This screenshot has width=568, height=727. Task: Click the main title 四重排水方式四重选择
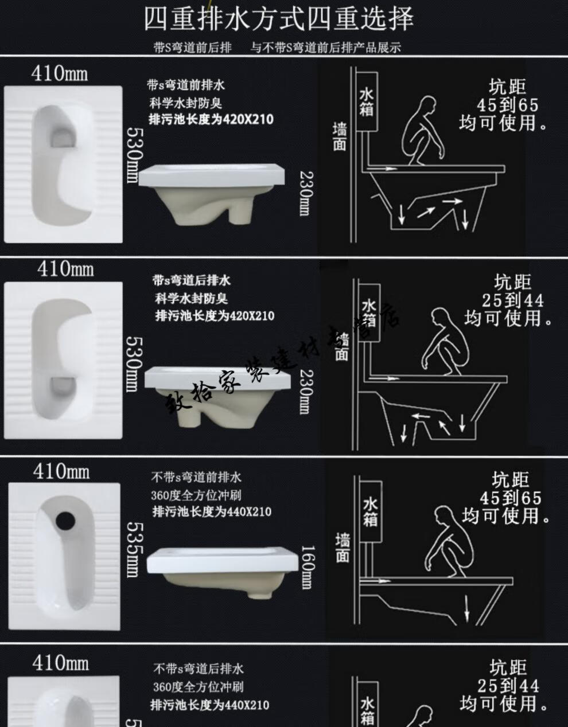click(278, 19)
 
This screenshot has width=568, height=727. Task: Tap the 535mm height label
click(132, 548)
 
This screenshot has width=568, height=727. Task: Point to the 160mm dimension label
click(307, 566)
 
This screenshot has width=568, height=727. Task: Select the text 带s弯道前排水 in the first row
click(186, 85)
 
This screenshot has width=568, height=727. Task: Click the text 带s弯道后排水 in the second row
click(191, 280)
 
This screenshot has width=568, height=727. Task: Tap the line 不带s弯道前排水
click(196, 477)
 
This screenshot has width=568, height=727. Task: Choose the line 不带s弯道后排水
click(198, 669)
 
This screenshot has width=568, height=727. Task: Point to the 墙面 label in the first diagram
click(340, 136)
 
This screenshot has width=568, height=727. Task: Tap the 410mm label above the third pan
click(61, 472)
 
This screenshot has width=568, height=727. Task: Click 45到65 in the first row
click(508, 105)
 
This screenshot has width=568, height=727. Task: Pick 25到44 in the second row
click(512, 300)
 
